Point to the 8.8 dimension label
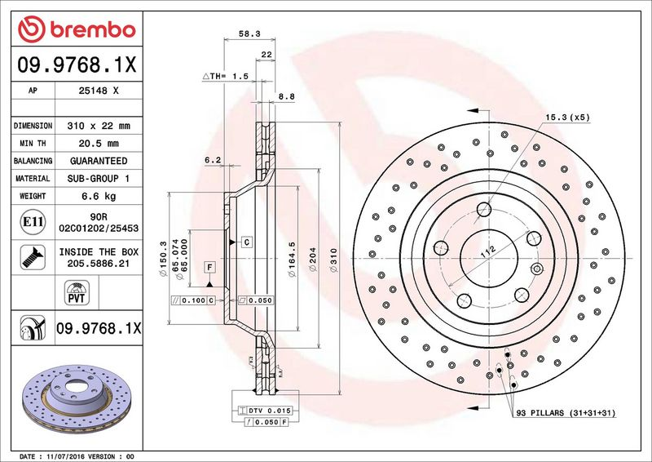pyautogui.click(x=286, y=96)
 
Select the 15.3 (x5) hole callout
pyautogui.click(x=567, y=118)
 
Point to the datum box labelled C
pyautogui.click(x=244, y=242)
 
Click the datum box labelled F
pyautogui.click(x=209, y=268)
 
